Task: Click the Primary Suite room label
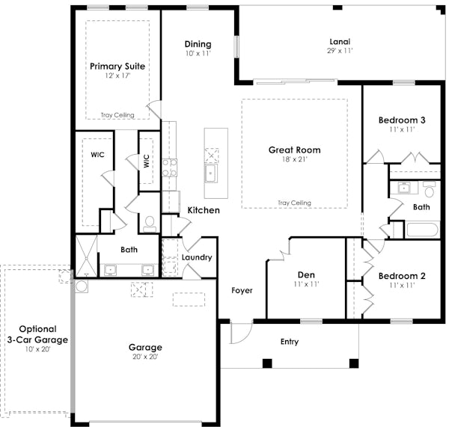tap(117, 66)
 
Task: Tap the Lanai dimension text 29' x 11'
tap(340, 51)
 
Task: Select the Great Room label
tap(294, 150)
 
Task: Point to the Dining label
tap(198, 44)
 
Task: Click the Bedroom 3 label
tap(402, 120)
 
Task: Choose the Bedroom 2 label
tap(402, 276)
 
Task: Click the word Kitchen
tap(204, 210)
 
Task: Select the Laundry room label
tap(197, 257)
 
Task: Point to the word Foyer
tap(242, 290)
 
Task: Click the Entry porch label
tap(290, 342)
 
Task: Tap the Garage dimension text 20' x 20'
tap(145, 357)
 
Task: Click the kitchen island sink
tap(213, 174)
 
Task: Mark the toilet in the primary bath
tap(149, 222)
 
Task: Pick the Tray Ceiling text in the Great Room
tap(294, 203)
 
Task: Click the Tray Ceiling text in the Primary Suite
tap(117, 115)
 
